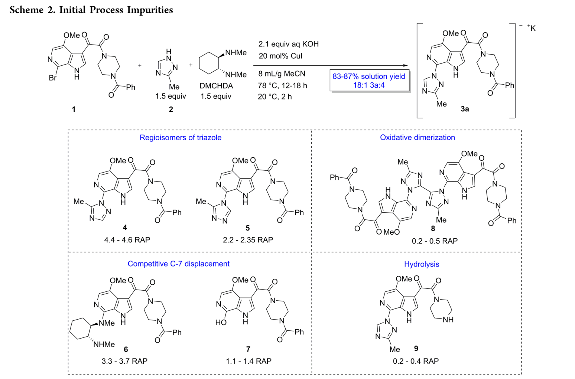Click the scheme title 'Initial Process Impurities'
pyautogui.click(x=116, y=10)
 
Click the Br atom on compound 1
pyautogui.click(x=53, y=78)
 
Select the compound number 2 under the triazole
pyautogui.click(x=171, y=109)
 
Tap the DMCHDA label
pyautogui.click(x=216, y=86)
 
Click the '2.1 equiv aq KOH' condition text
pyautogui.click(x=288, y=44)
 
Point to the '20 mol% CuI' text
pyautogui.click(x=280, y=56)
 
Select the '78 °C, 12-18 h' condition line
pyautogui.click(x=282, y=85)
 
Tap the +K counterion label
pyautogui.click(x=531, y=28)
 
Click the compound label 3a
pyautogui.click(x=465, y=109)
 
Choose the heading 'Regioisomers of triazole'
pyautogui.click(x=181, y=138)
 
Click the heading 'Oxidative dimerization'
pyautogui.click(x=417, y=138)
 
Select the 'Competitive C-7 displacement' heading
pyautogui.click(x=179, y=264)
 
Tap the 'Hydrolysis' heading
pyautogui.click(x=422, y=264)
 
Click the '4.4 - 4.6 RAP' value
pyautogui.click(x=127, y=240)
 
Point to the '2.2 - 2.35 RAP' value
pyautogui.click(x=248, y=240)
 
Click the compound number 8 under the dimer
pyautogui.click(x=433, y=229)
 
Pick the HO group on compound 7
pyautogui.click(x=221, y=323)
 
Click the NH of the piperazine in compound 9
pyautogui.click(x=448, y=320)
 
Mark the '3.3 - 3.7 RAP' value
pyautogui.click(x=124, y=361)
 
